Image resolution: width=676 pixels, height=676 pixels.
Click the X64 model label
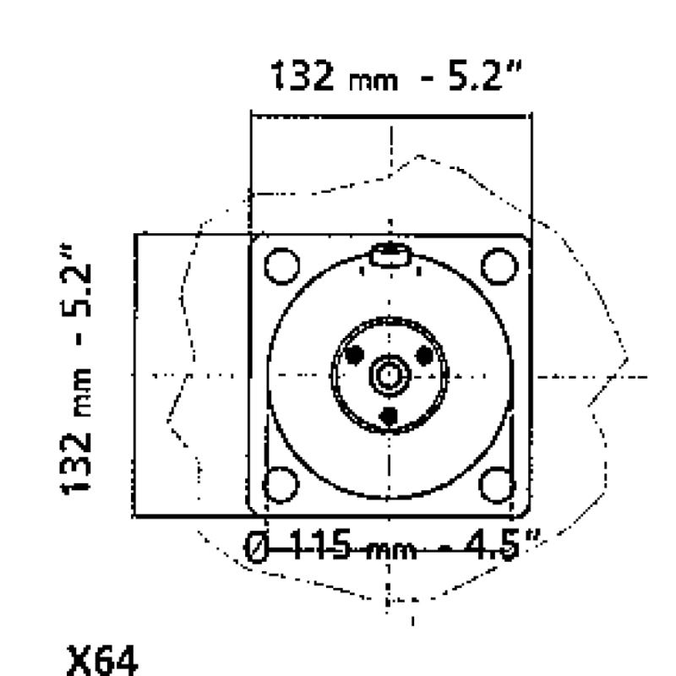(x=102, y=660)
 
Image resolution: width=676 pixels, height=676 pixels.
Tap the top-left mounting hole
(x=281, y=266)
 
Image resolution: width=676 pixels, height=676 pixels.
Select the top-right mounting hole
(x=499, y=266)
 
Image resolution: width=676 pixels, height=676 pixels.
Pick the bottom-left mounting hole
(x=281, y=484)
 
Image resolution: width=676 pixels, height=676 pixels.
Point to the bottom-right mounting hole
(x=498, y=484)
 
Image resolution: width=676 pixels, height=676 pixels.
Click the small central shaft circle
(x=390, y=375)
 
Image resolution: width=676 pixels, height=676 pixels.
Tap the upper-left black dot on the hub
(x=354, y=355)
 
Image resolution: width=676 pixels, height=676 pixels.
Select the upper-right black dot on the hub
(x=425, y=355)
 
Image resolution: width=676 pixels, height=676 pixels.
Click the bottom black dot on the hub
(x=390, y=416)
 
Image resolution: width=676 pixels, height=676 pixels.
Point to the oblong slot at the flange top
(x=390, y=255)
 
